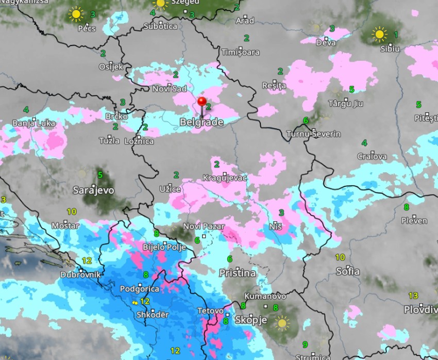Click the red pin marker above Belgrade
201,102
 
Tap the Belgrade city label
201,123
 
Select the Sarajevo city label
93,190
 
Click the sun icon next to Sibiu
380,35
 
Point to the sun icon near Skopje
281,323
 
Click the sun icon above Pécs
76,14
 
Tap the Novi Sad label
169,89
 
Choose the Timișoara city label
240,52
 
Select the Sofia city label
348,271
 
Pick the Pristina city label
238,273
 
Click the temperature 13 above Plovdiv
413,296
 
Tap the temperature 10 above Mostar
72,211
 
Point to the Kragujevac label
225,178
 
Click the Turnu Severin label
314,134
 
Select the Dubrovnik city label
80,275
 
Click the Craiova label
372,156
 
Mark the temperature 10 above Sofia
340,257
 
